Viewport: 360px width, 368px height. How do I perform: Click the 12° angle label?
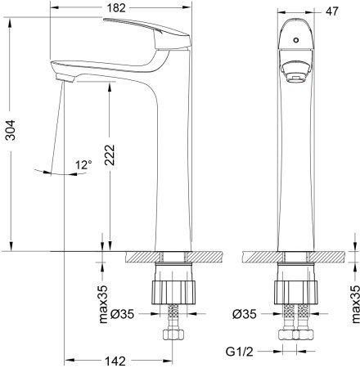point(83,165)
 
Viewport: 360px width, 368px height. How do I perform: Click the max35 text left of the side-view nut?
point(104,303)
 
